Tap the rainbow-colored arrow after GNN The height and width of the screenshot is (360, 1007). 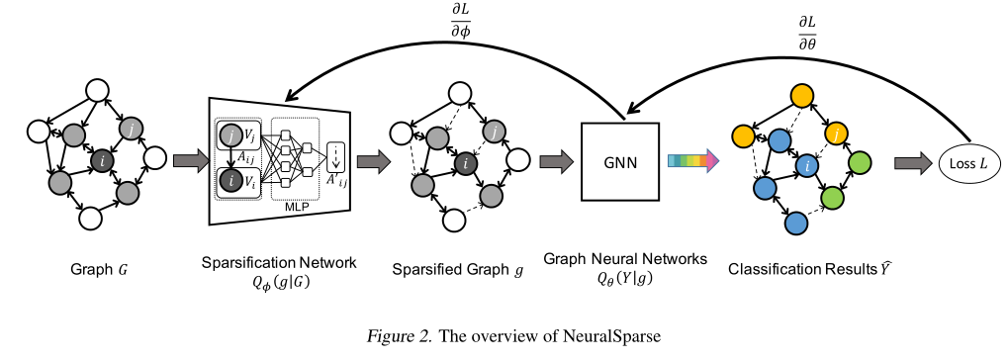690,160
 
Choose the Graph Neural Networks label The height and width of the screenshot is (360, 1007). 625,259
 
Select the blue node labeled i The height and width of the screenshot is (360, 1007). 808,166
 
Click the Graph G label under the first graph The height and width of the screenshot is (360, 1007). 97,268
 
